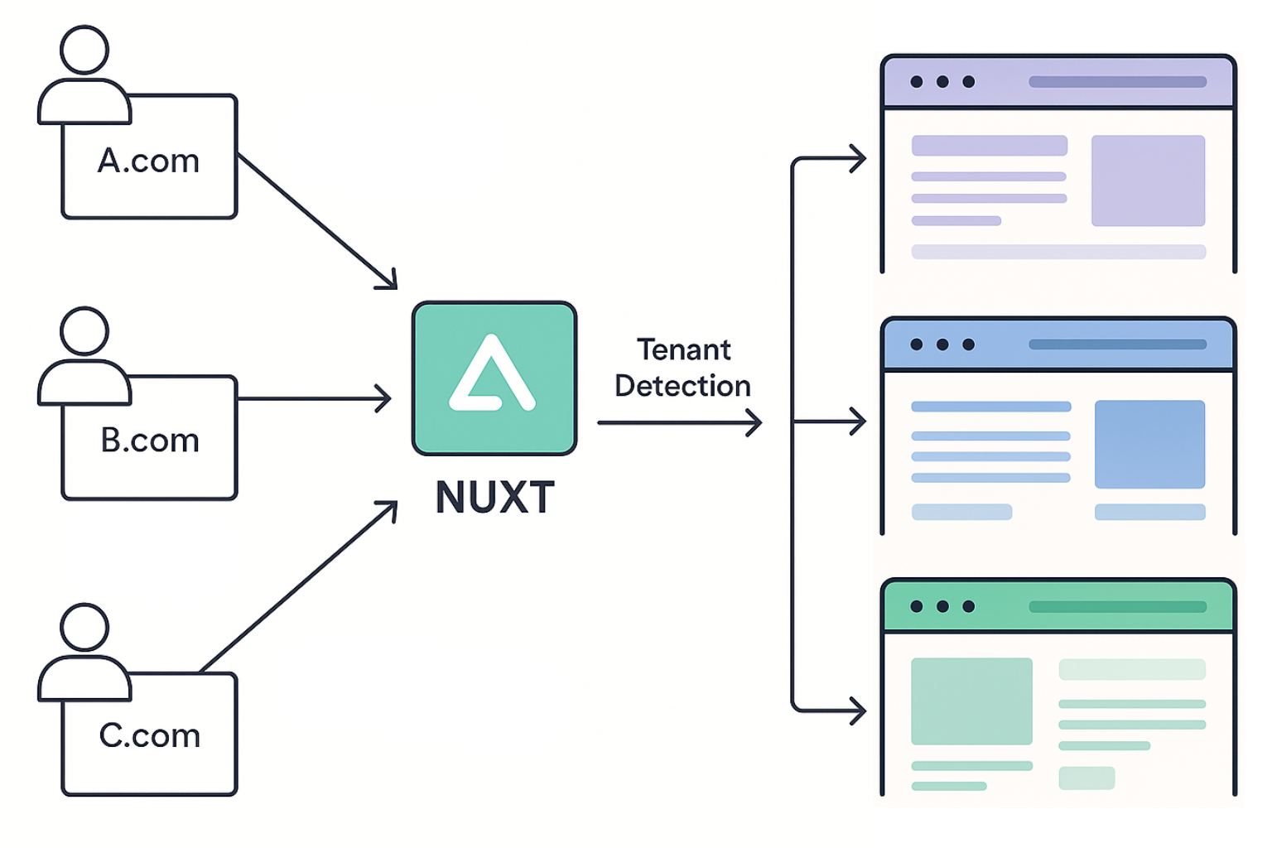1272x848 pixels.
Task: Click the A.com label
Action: click(x=149, y=161)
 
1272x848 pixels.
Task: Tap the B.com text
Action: click(x=150, y=441)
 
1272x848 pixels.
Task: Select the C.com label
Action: click(x=150, y=735)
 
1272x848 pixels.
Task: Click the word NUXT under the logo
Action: click(x=494, y=498)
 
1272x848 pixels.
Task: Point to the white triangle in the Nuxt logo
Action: click(x=492, y=377)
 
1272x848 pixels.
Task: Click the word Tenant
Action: click(x=683, y=349)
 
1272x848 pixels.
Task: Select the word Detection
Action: click(x=682, y=386)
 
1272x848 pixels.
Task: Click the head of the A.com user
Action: click(x=84, y=50)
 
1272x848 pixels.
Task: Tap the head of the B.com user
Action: click(x=84, y=330)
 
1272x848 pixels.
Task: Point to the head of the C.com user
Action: click(x=84, y=627)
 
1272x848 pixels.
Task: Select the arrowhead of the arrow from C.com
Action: click(x=390, y=507)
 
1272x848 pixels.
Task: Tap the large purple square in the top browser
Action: click(x=1148, y=181)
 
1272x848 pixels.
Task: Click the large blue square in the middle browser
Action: click(x=1149, y=445)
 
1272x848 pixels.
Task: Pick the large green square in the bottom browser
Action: click(x=971, y=701)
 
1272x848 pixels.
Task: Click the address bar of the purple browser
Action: click(x=1117, y=82)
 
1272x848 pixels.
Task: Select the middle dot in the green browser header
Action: click(x=942, y=606)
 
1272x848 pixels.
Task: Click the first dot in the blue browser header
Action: click(x=917, y=344)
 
